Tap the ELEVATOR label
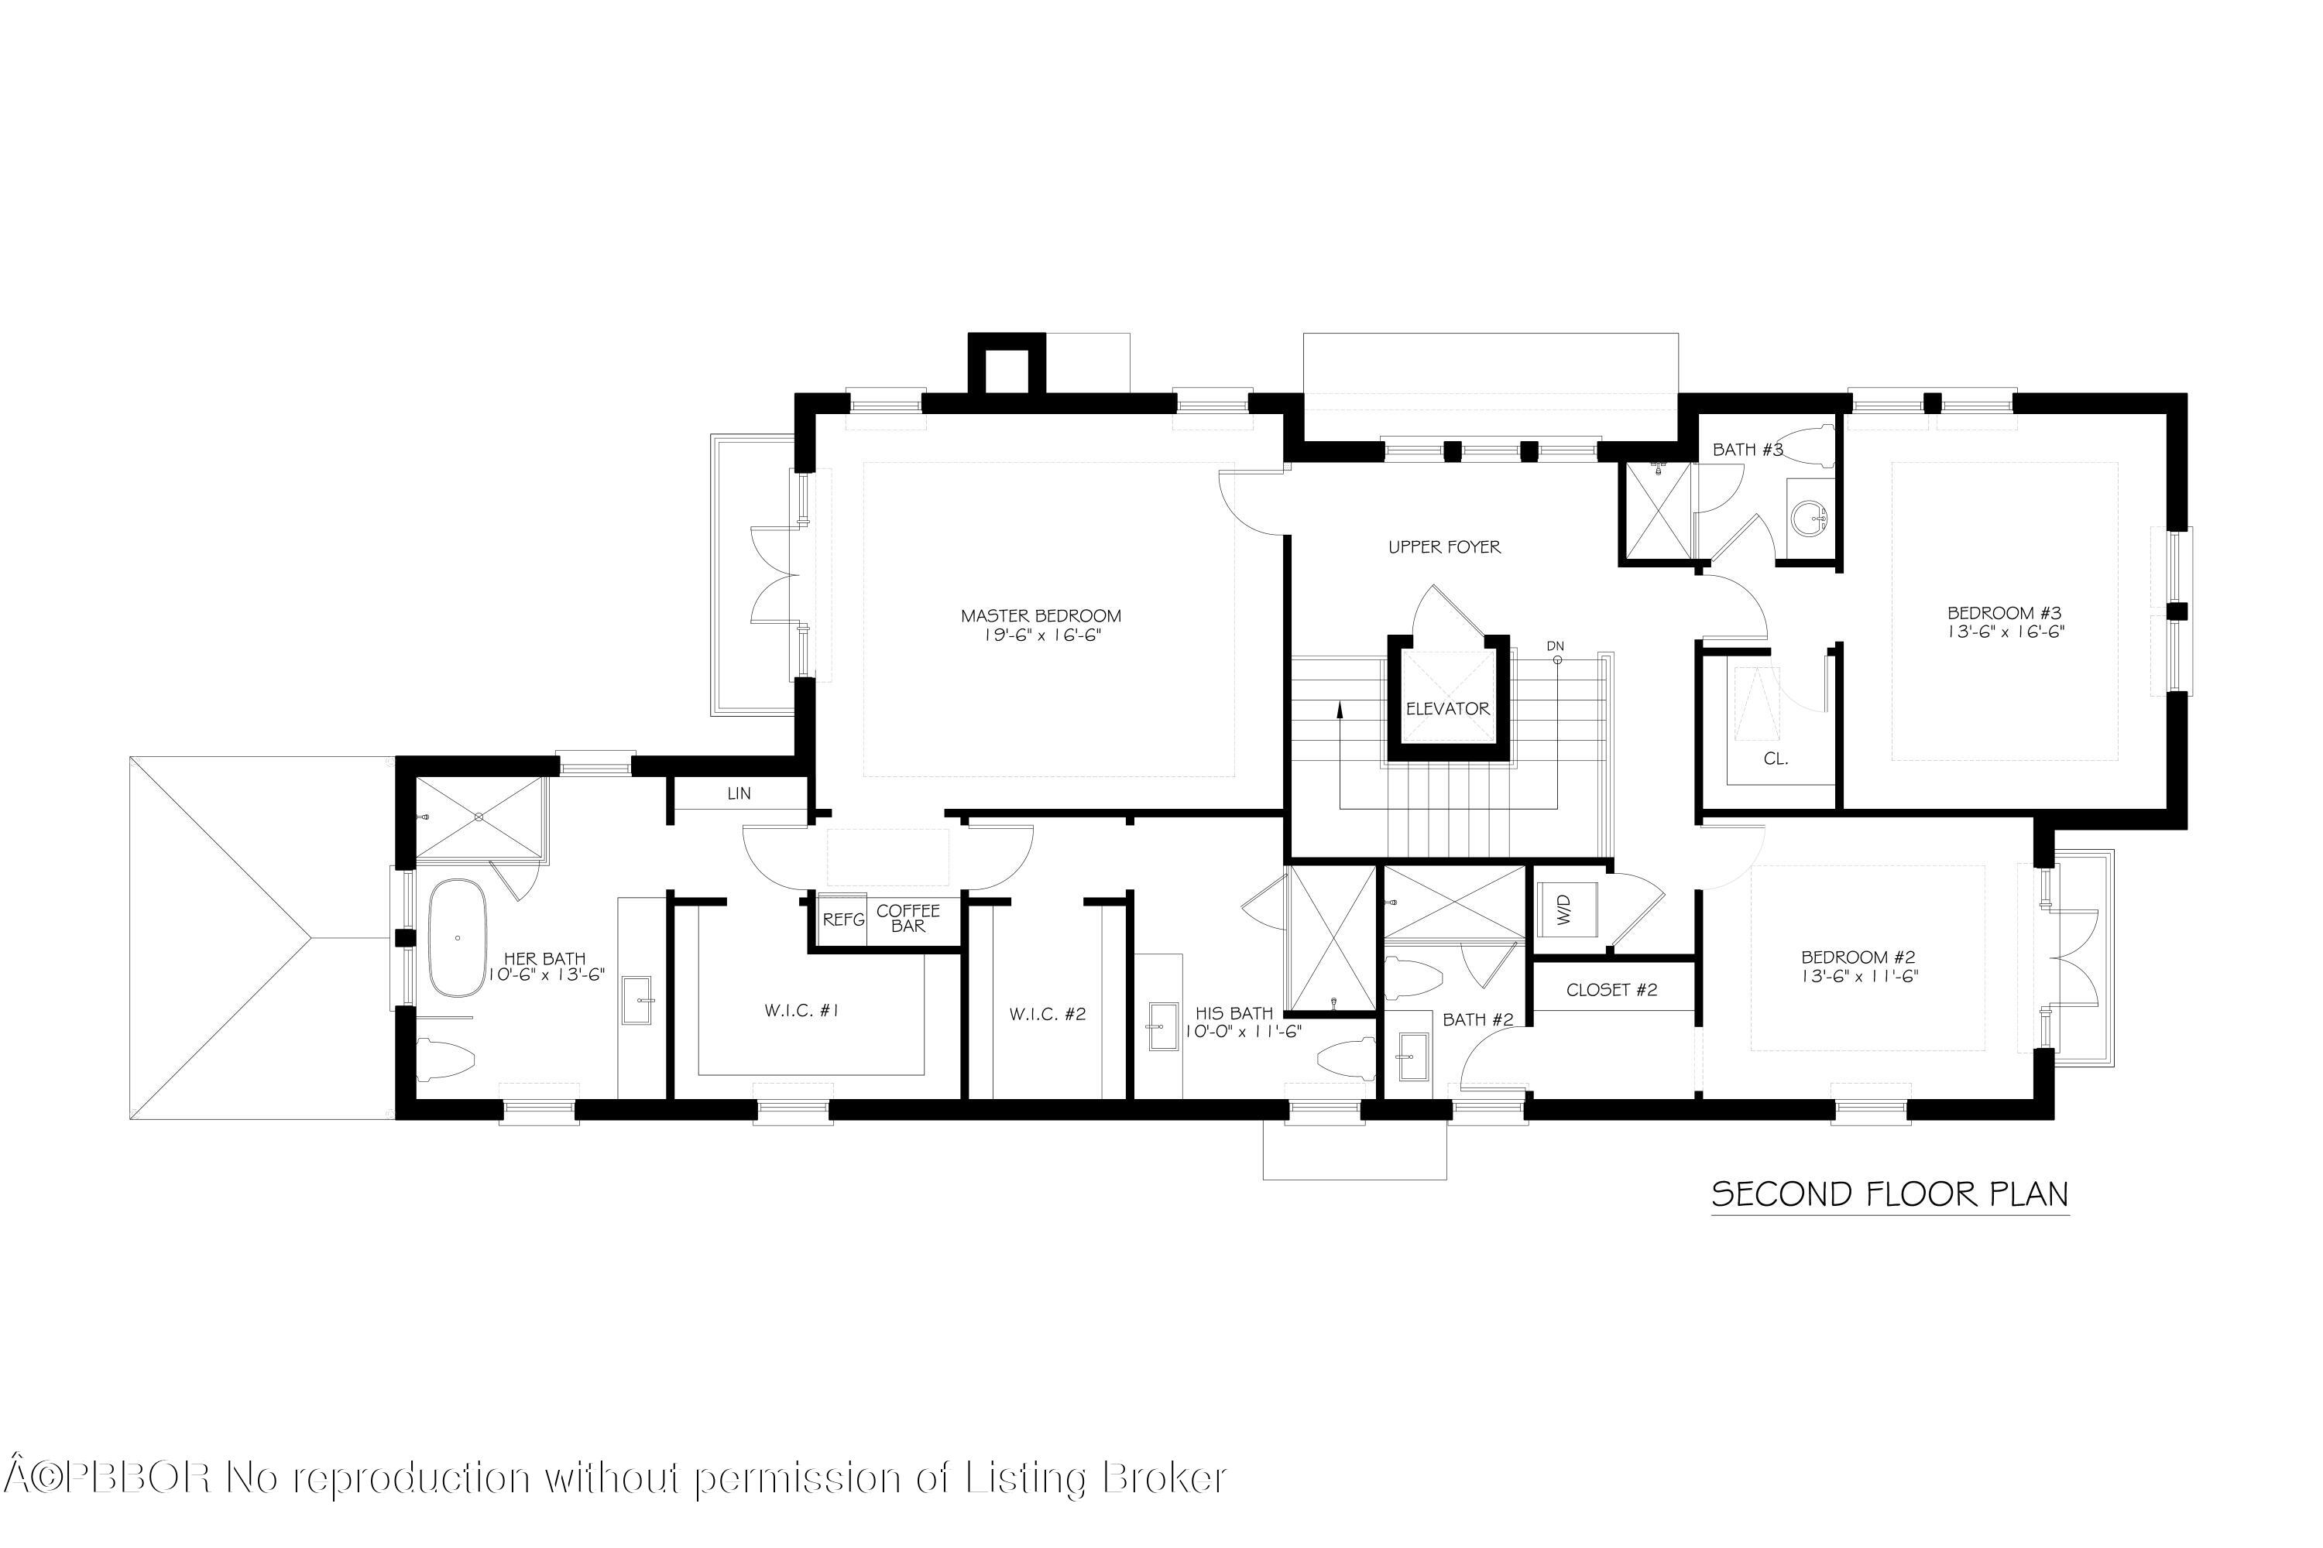1448,709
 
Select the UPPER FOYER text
1444,547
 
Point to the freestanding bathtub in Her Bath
458,937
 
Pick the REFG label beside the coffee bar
843,920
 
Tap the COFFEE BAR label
908,918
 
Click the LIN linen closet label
739,794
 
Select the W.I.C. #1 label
802,1011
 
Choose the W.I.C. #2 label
1048,1014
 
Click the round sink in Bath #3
1808,516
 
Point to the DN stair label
1556,646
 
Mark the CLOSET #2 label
1612,989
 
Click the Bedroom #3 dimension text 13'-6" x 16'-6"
2005,631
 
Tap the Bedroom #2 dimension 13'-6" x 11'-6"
1859,975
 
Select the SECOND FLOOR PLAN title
1889,1194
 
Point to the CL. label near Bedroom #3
1776,759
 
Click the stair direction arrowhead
1340,708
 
